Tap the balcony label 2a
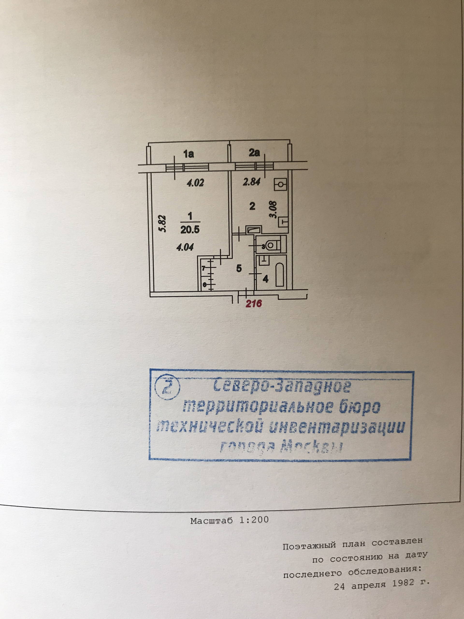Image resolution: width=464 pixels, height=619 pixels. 254,153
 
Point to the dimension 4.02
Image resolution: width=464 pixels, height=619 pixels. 195,183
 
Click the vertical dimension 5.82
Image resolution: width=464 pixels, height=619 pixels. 162,223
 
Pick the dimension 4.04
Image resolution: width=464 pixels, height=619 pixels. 185,247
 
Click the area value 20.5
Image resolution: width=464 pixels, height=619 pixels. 190,230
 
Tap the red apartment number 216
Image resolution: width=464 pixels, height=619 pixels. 254,303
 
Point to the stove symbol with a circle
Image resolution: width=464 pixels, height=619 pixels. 281,185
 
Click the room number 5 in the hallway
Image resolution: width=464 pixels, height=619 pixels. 239,268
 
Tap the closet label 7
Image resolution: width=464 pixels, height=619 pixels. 204,268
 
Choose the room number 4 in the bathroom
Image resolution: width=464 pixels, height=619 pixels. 265,279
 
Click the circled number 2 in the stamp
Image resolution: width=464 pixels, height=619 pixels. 167,388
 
